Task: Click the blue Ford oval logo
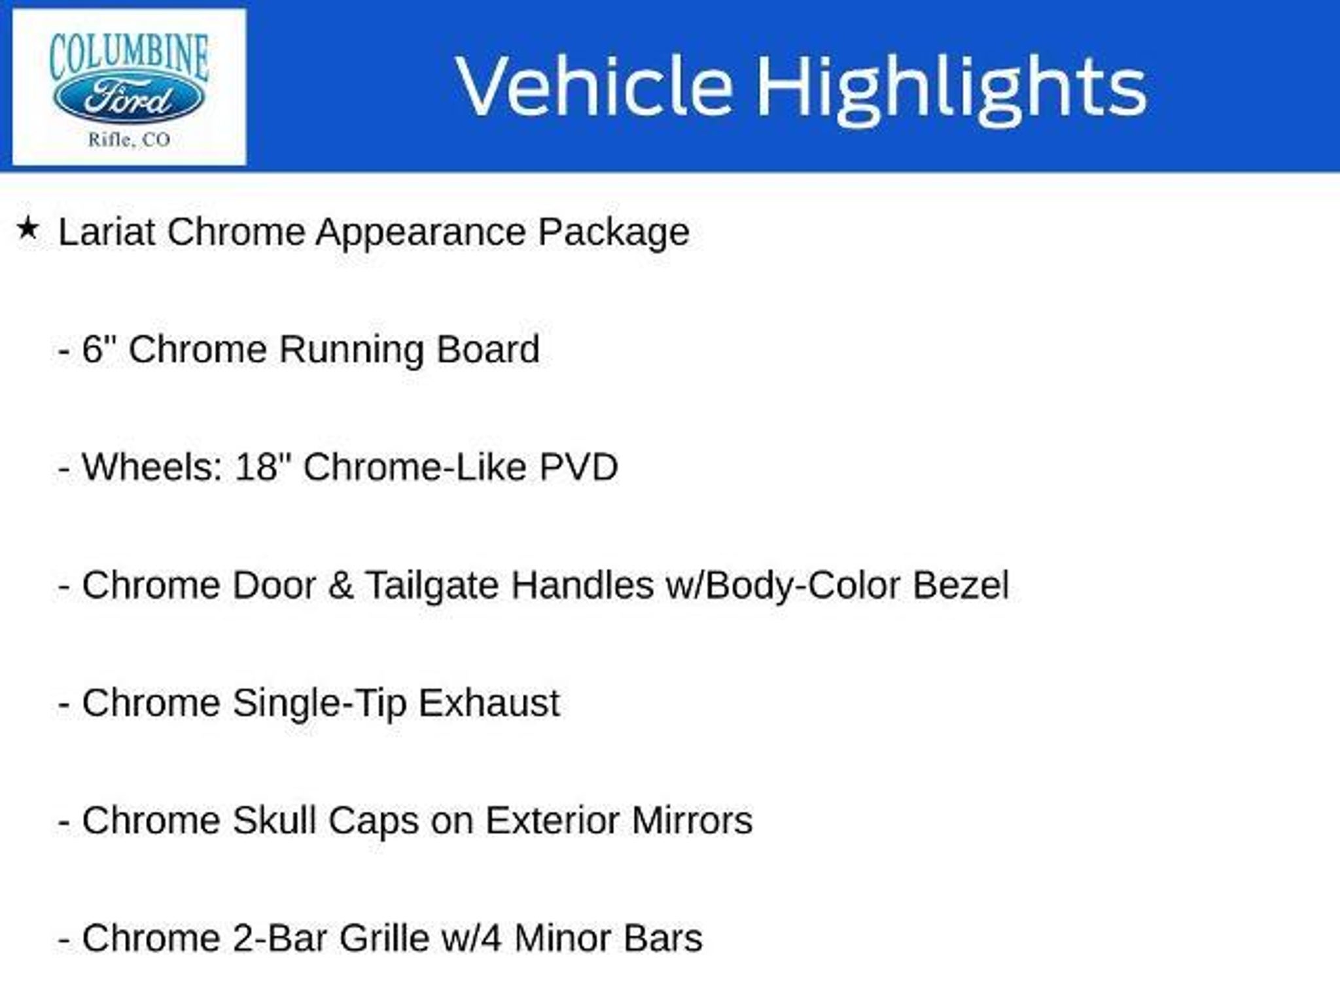(x=129, y=99)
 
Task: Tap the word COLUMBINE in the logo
(x=129, y=55)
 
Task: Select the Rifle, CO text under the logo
(x=129, y=140)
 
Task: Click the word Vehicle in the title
(x=594, y=86)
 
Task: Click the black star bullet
(x=27, y=229)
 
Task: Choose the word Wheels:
(x=152, y=467)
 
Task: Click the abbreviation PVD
(x=578, y=467)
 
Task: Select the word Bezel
(x=961, y=585)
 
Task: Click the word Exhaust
(x=489, y=703)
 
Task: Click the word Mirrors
(x=692, y=820)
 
